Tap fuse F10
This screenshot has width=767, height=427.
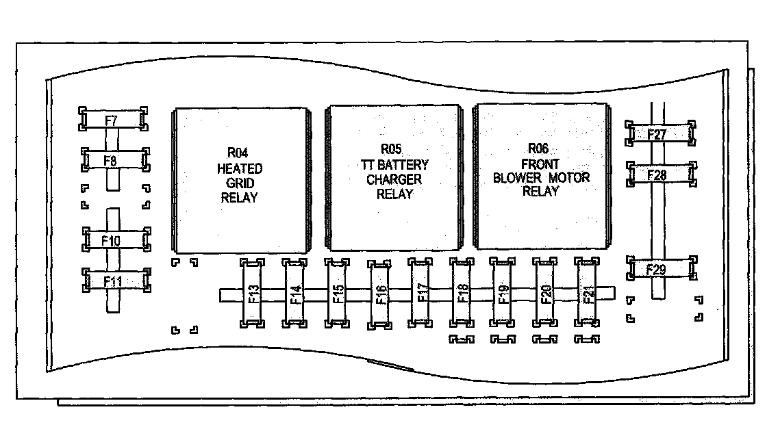[114, 240]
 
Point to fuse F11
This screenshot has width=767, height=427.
[114, 280]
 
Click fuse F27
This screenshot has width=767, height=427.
[658, 134]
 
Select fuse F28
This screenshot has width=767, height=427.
[659, 175]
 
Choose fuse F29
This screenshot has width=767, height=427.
[658, 270]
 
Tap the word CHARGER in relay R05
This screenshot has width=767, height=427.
[394, 179]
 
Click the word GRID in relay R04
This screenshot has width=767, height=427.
[238, 183]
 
